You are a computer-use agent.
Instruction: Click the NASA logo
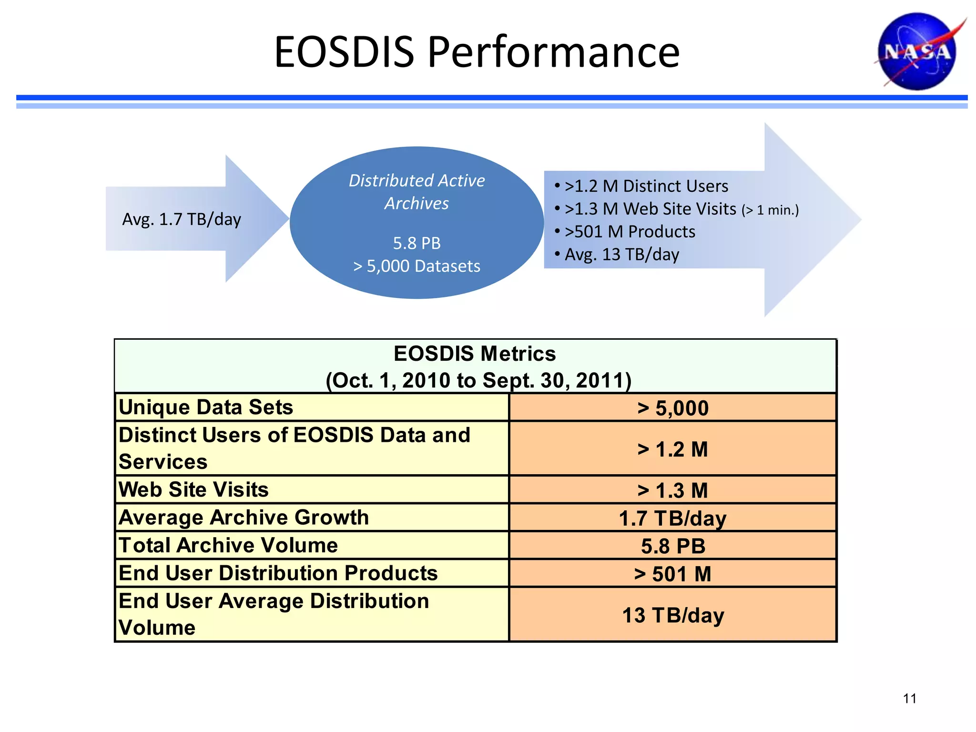[917, 51]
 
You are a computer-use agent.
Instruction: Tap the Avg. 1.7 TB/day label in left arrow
[182, 219]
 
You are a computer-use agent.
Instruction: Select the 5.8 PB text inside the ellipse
[417, 243]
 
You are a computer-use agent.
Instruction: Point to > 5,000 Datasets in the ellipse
[417, 266]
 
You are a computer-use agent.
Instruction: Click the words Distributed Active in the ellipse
[417, 181]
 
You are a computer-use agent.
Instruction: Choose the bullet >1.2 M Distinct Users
[646, 186]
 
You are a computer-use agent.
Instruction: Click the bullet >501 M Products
[629, 232]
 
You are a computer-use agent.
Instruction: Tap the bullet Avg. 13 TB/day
[621, 254]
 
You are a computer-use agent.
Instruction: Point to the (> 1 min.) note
[770, 210]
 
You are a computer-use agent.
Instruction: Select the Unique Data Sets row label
[206, 407]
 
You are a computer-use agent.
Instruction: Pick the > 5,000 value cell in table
[672, 408]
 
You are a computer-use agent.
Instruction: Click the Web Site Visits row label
[193, 490]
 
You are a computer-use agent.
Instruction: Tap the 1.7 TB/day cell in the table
[672, 518]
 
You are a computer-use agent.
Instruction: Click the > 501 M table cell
[672, 574]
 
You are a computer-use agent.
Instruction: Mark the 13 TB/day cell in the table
[672, 615]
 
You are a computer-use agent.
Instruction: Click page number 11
[909, 699]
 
